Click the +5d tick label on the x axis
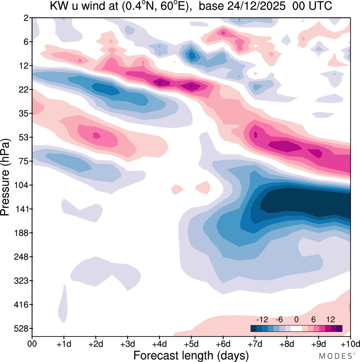[191, 344]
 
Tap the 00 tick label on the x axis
[32, 344]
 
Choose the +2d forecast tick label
[96, 344]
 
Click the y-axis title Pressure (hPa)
[5, 177]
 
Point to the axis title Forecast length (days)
[191, 355]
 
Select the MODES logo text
[335, 356]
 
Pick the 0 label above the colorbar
[296, 319]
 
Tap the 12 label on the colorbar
[330, 319]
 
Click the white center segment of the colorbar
[296, 329]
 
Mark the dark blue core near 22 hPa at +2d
[105, 90]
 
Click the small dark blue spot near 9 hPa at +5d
[192, 55]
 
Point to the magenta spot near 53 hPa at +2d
[96, 135]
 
